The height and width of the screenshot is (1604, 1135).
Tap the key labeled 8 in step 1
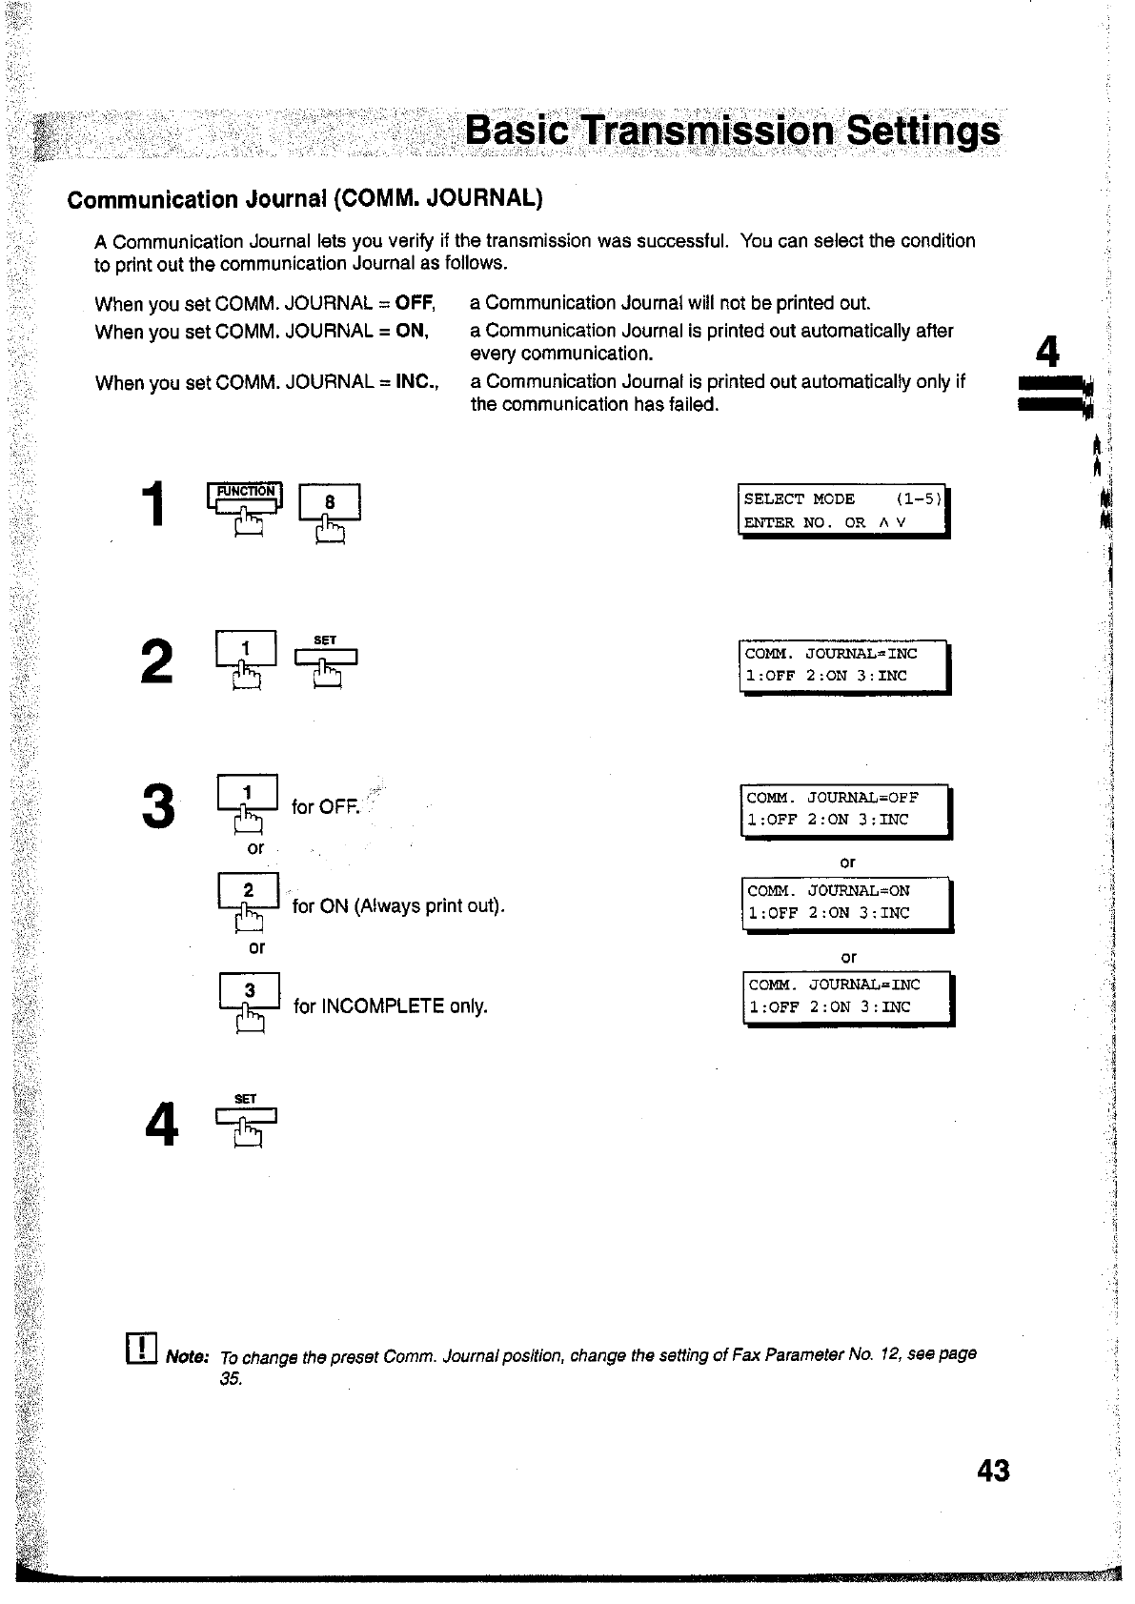tap(330, 502)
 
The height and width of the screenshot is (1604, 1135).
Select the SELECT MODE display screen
tap(844, 511)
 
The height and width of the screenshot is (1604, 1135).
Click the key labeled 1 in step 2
tap(246, 650)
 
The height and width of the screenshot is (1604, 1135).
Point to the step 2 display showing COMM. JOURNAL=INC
tap(844, 665)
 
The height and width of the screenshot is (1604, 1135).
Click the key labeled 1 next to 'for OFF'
tap(247, 793)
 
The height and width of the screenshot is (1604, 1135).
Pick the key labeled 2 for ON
tap(249, 891)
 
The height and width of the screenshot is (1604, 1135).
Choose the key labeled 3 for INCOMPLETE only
tap(250, 991)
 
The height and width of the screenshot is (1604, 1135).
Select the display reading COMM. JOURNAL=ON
tap(846, 903)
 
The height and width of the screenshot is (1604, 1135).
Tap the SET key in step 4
tap(246, 1115)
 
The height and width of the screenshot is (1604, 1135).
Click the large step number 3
tap(157, 806)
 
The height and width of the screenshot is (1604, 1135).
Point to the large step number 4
tap(162, 1125)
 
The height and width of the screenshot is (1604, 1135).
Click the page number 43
tap(992, 1471)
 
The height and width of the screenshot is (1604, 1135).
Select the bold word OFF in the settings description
tap(415, 304)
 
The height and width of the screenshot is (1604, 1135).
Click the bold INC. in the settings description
tap(416, 383)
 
